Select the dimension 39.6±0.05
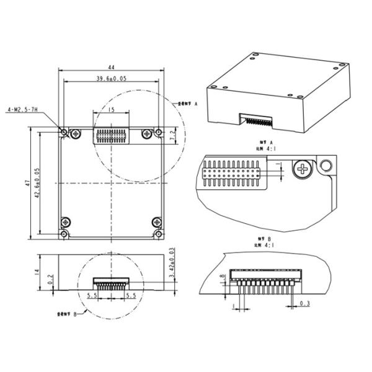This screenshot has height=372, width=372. pyautogui.click(x=111, y=79)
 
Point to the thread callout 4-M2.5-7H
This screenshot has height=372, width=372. pyautogui.click(x=22, y=109)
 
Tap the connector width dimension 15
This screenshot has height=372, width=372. pyautogui.click(x=111, y=110)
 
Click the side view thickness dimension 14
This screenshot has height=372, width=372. pyautogui.click(x=37, y=272)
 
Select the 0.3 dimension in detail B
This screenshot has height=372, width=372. pyautogui.click(x=305, y=303)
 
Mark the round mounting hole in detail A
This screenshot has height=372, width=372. pyautogui.click(x=324, y=166)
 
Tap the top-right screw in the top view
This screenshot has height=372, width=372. pyautogui.click(x=147, y=133)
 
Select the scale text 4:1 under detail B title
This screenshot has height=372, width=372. pyautogui.click(x=267, y=245)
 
